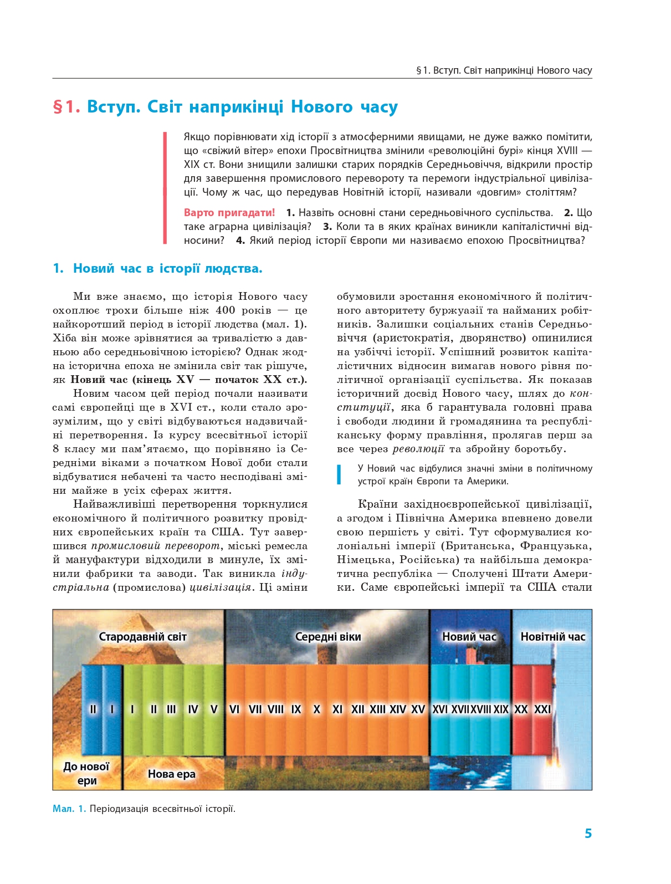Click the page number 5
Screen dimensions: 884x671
pos(588,834)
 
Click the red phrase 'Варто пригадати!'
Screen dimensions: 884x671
pos(229,213)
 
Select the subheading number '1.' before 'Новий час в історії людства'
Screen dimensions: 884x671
pos(58,269)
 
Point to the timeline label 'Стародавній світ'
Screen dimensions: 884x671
pos(142,637)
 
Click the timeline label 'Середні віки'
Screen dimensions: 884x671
pos(328,637)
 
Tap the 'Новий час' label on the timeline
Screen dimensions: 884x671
pos(469,637)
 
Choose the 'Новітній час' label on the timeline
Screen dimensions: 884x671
pos(552,637)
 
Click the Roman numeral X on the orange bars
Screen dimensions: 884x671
pos(317,709)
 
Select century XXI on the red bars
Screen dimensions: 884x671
pos(542,709)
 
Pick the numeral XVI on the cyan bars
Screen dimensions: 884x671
pos(440,709)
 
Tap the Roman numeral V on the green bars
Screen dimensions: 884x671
pos(214,709)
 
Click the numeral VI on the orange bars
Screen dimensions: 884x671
pos(234,709)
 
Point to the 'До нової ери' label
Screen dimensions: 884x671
pos(86,774)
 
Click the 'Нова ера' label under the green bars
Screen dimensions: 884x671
pos(171,774)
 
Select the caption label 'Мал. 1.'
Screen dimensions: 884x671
pos(69,809)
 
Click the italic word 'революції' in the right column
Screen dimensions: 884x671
pos(418,449)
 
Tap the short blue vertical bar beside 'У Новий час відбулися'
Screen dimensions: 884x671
pos(339,475)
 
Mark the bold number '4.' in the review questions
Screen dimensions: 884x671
pos(240,241)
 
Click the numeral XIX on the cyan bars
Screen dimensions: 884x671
pos(501,709)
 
